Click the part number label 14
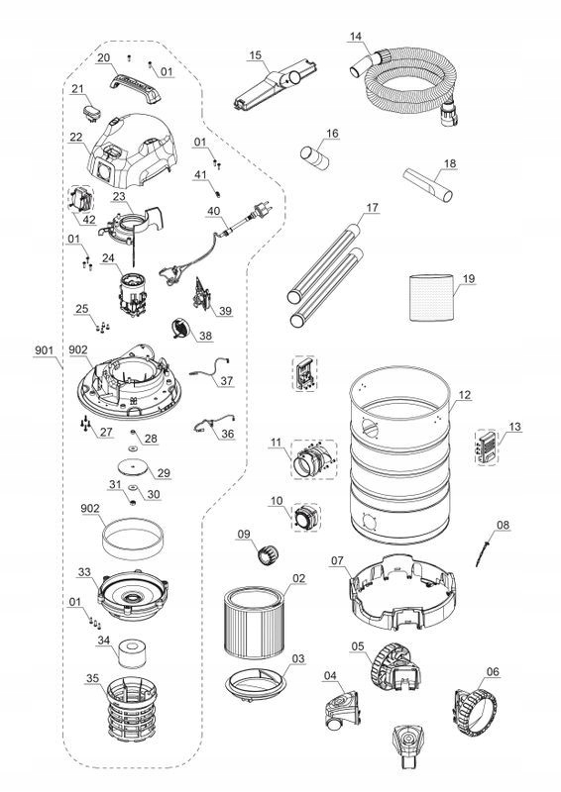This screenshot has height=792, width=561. pyautogui.click(x=356, y=37)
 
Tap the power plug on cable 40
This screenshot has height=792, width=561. pyautogui.click(x=264, y=208)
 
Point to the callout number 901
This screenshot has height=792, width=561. pyautogui.click(x=44, y=350)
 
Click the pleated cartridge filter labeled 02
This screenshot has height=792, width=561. pyautogui.click(x=252, y=623)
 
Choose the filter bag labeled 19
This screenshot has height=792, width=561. pyautogui.click(x=431, y=297)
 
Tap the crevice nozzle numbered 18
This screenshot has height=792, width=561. pyautogui.click(x=428, y=185)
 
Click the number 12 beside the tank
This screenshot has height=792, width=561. pyautogui.click(x=464, y=395)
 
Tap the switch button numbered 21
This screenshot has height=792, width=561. pyautogui.click(x=91, y=112)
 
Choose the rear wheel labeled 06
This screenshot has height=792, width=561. pyautogui.click(x=475, y=711)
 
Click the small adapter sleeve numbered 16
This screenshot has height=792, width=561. pyautogui.click(x=314, y=157)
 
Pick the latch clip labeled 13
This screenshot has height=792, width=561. pyautogui.click(x=487, y=447)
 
